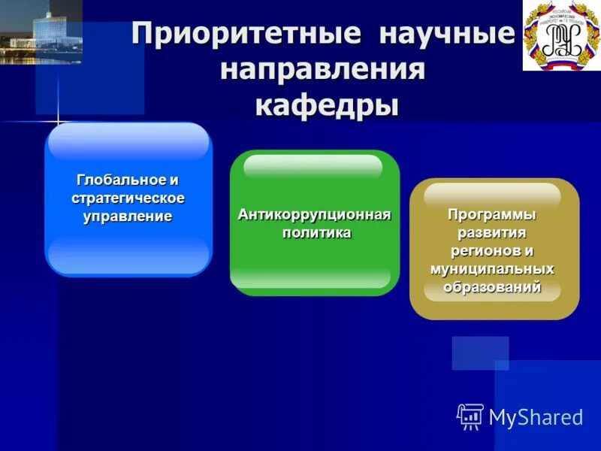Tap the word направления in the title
323,71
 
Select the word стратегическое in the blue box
128,198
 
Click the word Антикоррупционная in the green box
315,216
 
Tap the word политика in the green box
316,233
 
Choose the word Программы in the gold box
492,215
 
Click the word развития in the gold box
492,232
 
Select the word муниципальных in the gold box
492,268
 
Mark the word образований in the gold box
492,286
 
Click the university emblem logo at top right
561,35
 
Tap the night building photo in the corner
41,32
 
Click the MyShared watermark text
536,417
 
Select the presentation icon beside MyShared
470,416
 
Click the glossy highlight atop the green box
313,166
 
